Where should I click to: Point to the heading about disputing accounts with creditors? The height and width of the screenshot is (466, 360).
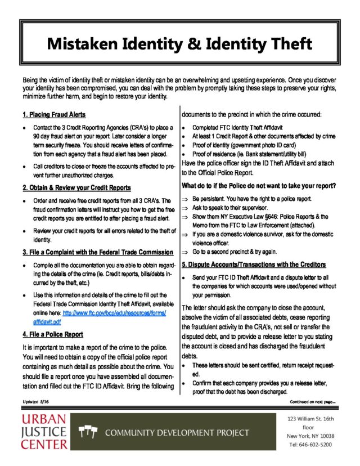pyautogui.click(x=254, y=264)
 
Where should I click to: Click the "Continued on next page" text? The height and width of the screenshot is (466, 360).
pyautogui.click(x=312, y=402)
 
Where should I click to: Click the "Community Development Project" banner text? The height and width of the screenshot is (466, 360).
pyautogui.click(x=177, y=433)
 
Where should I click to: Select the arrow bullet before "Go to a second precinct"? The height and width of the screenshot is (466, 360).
pyautogui.click(x=185, y=252)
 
